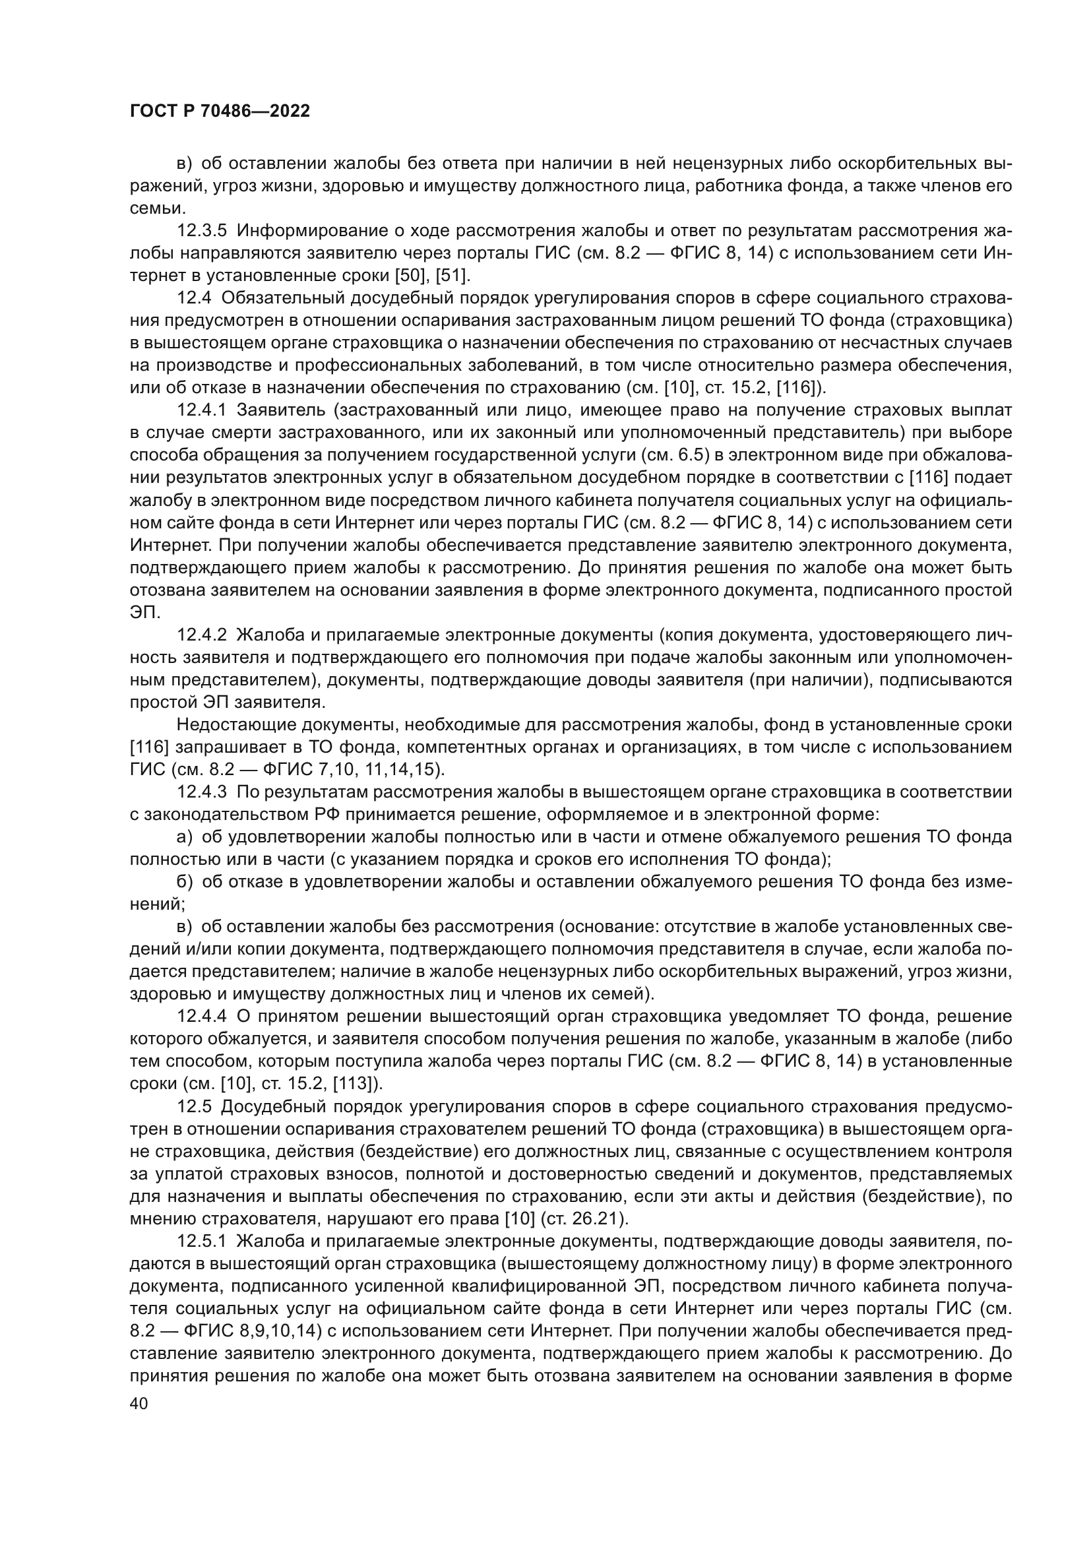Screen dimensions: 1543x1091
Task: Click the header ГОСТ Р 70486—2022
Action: pos(220,111)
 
